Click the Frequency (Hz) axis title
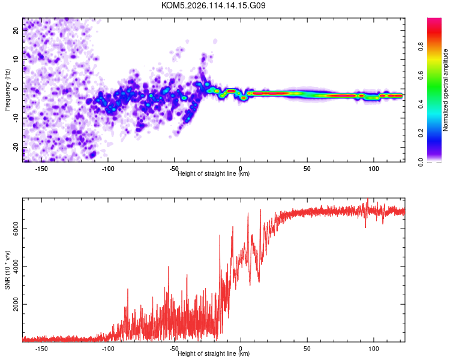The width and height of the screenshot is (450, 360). tap(7, 89)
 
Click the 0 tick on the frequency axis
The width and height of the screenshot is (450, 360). tap(16, 89)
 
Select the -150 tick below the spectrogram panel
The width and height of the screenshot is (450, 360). tap(41, 169)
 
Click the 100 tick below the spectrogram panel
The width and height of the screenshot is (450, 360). tap(374, 169)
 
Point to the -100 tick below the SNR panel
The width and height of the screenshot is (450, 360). tap(108, 349)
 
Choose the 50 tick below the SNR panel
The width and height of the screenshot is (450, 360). tap(307, 349)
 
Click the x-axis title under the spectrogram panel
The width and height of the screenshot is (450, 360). tap(214, 174)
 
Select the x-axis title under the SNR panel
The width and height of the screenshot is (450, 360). tap(214, 354)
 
